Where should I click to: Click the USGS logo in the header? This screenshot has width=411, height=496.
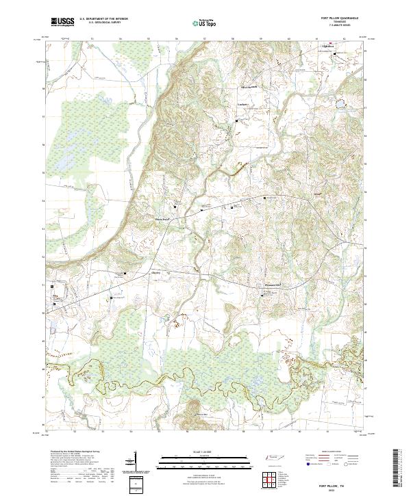[x=62, y=23]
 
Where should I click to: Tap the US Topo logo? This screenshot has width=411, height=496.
[x=206, y=23]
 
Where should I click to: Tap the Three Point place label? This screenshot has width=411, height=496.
[x=161, y=219]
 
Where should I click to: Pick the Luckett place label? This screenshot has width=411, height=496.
[x=241, y=104]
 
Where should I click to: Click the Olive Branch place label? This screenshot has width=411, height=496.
[x=245, y=86]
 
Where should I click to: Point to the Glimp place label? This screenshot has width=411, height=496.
[x=56, y=296]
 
